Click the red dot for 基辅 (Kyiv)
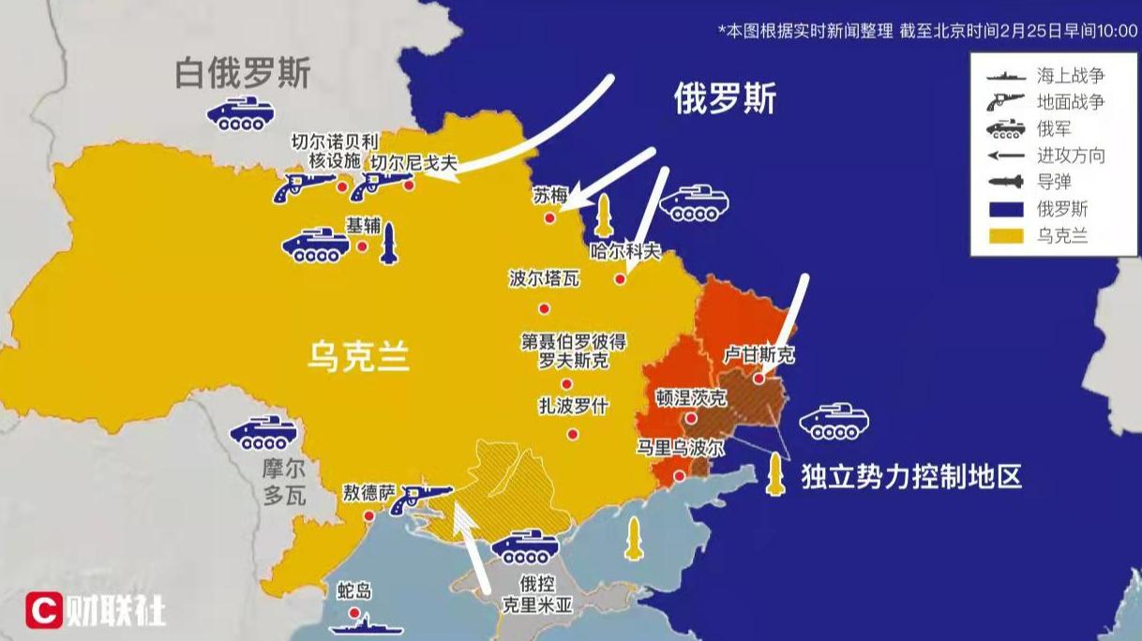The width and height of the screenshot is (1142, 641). point(362,246)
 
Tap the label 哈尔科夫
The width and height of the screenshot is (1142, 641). point(625,251)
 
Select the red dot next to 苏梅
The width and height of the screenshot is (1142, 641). point(550,218)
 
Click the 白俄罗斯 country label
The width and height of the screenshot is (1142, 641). point(243,74)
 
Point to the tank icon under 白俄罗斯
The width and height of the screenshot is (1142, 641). point(240,113)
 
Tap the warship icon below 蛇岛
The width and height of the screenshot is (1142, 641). point(363,626)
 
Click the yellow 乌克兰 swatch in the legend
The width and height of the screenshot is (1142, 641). point(1005,235)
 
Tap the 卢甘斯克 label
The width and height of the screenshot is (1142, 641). point(759,355)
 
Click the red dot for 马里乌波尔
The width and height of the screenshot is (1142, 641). point(680,474)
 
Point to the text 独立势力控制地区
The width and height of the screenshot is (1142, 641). point(910,476)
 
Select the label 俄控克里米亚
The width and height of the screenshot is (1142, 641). point(538,593)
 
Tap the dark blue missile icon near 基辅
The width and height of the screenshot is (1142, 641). point(389,245)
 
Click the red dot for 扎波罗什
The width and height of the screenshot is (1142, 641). point(572,434)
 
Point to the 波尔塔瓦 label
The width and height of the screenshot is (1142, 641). point(544,279)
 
